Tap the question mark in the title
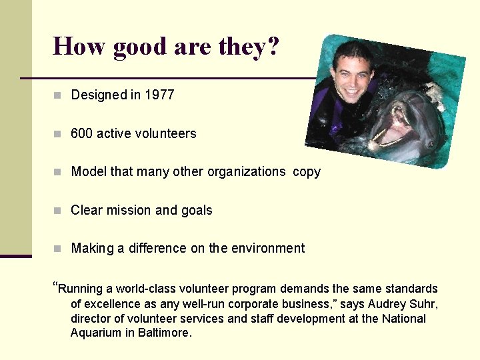point(272,46)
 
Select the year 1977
point(159,95)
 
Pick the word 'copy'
point(307,172)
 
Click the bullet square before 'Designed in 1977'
point(58,95)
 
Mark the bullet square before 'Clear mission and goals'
point(58,211)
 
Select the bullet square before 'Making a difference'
point(58,249)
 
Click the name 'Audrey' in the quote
point(387,304)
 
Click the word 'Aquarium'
point(95,333)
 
